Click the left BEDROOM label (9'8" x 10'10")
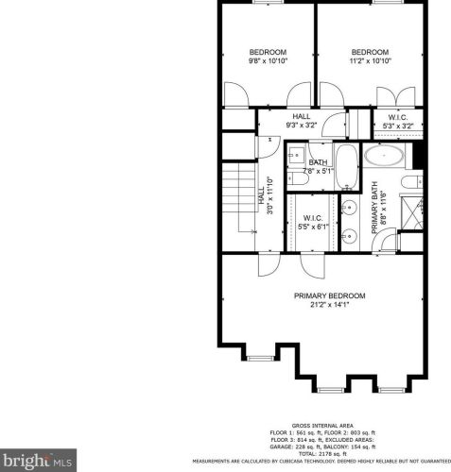pos(268,51)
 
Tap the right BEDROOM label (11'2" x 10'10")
pos(370,51)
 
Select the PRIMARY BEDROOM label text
pos(329,295)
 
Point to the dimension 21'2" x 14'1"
pos(329,305)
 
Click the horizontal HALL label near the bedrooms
pos(302,116)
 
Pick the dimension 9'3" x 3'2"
pos(302,125)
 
